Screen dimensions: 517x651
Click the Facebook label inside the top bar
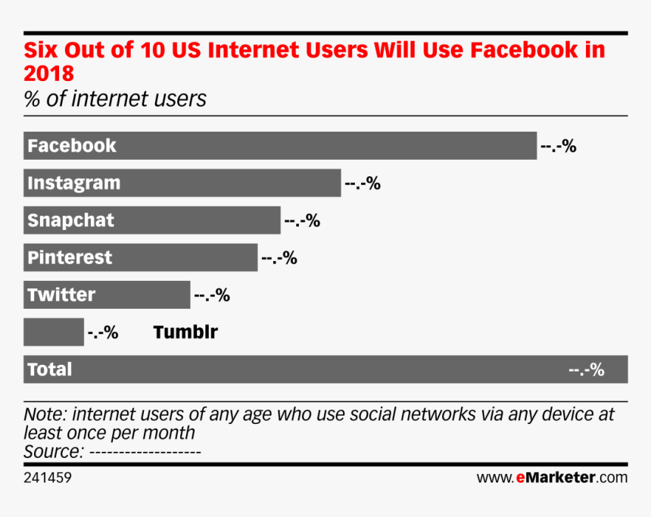click(x=72, y=145)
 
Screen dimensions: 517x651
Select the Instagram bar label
click(x=73, y=183)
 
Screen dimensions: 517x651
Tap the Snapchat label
click(x=70, y=220)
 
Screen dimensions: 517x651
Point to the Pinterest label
click(x=70, y=257)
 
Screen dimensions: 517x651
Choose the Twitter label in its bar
click(x=61, y=294)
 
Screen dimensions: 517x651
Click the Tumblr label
click(x=185, y=332)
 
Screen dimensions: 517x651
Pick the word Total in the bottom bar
click(x=50, y=369)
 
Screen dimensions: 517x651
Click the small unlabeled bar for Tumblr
click(x=54, y=332)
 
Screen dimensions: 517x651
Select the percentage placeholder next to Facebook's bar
click(x=559, y=147)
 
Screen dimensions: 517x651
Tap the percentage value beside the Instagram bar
click(x=363, y=184)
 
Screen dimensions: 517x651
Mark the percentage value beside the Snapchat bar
click(x=302, y=221)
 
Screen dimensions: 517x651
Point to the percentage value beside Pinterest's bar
click(x=279, y=258)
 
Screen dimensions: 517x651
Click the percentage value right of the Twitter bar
click(x=212, y=295)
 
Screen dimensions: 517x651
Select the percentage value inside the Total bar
click(x=587, y=370)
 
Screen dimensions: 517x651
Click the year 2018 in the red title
click(x=49, y=74)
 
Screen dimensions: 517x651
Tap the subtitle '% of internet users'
click(x=115, y=99)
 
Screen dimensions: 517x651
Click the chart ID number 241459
click(x=48, y=478)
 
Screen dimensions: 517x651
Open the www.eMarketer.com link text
click(x=552, y=478)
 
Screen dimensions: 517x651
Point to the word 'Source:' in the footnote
click(x=54, y=452)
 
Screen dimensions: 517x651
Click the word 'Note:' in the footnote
click(x=45, y=415)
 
